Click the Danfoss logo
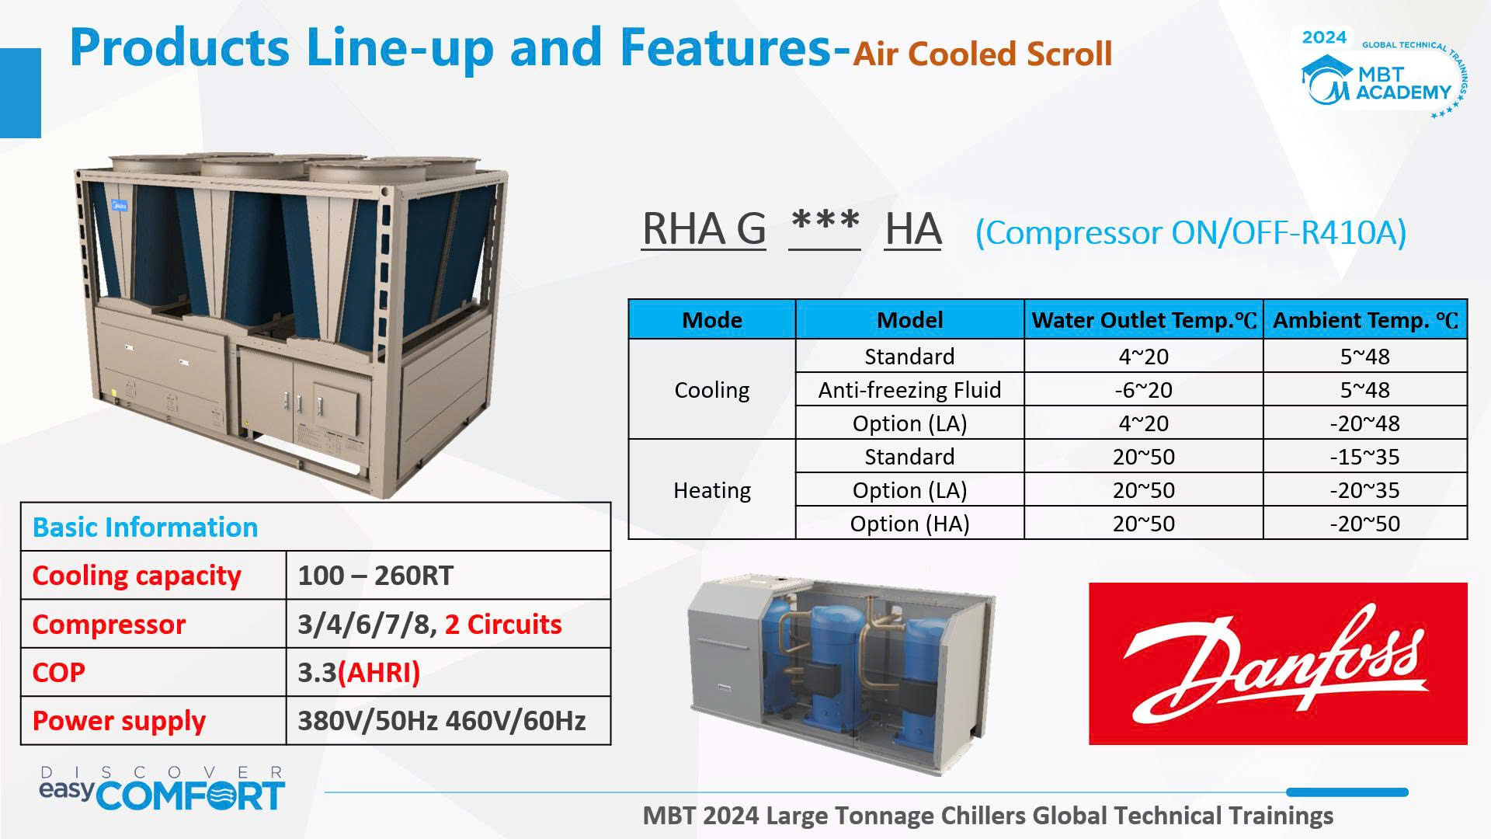[1277, 663]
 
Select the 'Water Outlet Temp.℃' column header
[1143, 320]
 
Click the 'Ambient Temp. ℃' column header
[1365, 320]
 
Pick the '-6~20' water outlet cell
[1143, 390]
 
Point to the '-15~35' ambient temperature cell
[1364, 457]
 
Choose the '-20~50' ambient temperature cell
[1364, 524]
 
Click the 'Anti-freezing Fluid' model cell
[909, 390]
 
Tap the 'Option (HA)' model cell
[909, 524]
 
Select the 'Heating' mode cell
[712, 490]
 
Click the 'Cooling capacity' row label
[137, 576]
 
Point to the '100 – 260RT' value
[376, 576]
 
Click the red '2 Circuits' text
[503, 625]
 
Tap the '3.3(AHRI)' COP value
[359, 673]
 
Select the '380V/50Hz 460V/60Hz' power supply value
[442, 721]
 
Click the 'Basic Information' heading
[145, 527]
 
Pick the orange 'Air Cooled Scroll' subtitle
[982, 54]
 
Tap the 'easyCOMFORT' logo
[162, 789]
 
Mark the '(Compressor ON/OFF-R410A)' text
[1190, 232]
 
